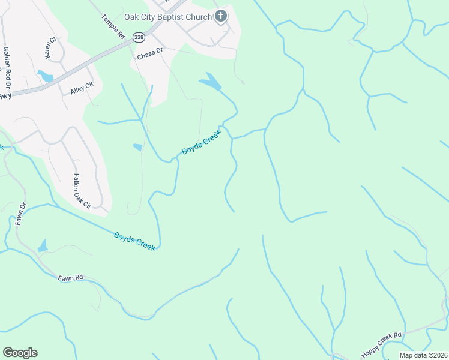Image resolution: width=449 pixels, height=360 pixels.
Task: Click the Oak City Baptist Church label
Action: click(168, 17)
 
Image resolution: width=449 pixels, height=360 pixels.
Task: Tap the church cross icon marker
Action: click(221, 16)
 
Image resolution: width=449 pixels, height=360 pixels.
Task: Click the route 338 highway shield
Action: click(139, 37)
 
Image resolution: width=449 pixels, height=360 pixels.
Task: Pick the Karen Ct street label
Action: click(49, 48)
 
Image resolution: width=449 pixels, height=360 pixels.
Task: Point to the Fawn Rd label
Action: click(70, 278)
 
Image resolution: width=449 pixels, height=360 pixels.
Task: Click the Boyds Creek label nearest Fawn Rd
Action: click(134, 241)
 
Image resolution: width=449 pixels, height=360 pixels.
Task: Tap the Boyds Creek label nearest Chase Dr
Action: click(202, 142)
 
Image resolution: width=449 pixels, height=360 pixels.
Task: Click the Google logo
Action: click(20, 353)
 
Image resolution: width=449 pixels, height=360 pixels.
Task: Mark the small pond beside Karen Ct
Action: click(44, 76)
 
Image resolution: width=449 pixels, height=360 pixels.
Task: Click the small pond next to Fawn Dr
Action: click(43, 246)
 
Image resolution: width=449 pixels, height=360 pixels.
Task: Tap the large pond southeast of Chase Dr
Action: click(210, 82)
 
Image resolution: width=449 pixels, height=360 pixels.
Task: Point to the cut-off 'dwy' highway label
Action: click(5, 95)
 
